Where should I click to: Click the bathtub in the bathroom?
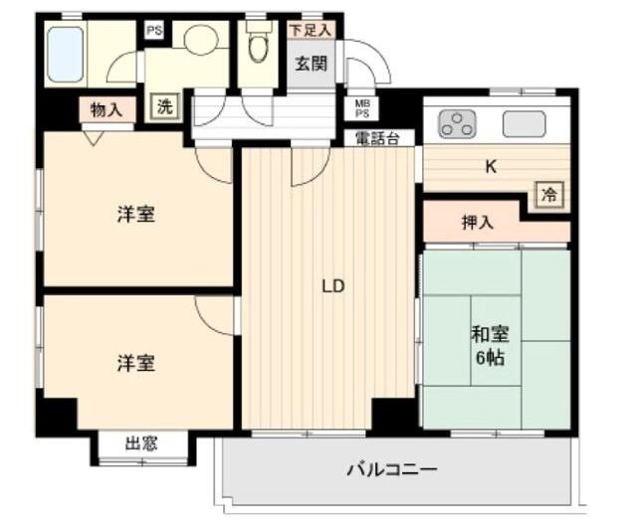66,54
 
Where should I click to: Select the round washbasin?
200,41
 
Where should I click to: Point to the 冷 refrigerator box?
548,195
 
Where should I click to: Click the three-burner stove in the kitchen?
457,124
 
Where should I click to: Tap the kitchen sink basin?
525,124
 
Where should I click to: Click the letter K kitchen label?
490,167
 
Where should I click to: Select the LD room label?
332,287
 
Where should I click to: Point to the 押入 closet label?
477,223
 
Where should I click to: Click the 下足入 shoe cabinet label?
309,31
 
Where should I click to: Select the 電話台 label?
377,139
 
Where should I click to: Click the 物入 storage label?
106,109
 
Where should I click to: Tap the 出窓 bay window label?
141,444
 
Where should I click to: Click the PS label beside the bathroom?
153,31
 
